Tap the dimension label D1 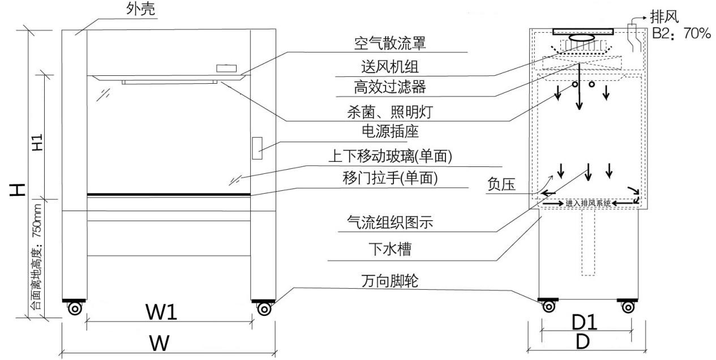585,322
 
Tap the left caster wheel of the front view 74,309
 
